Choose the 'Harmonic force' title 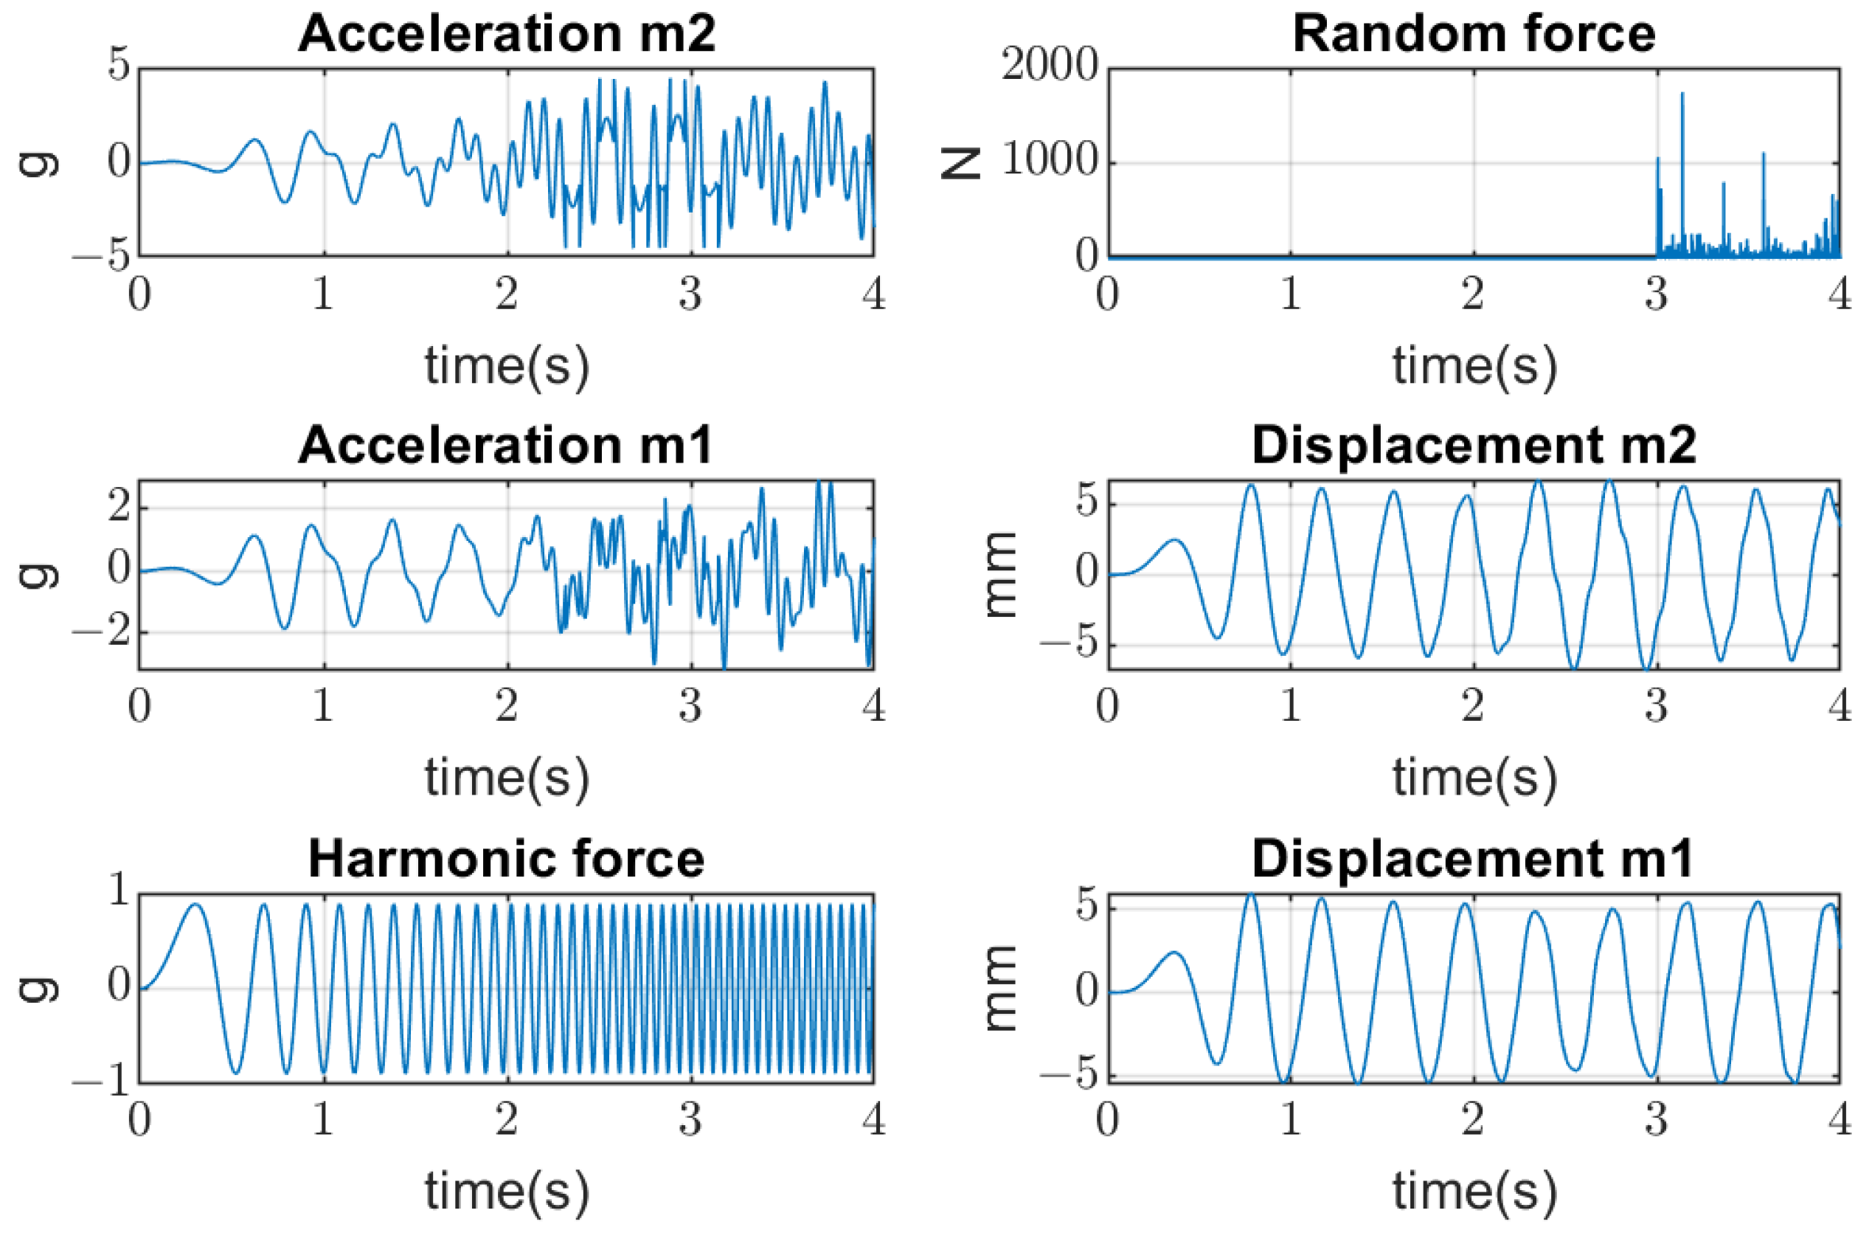pos(506,860)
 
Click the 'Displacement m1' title pos(1474,860)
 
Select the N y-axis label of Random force pos(962,163)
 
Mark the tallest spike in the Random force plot pos(1682,94)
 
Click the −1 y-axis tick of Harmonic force pos(101,1082)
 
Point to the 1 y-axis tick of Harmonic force pos(119,891)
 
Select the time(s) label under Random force pos(1474,366)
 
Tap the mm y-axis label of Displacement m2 pos(1000,575)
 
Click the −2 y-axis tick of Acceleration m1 pos(101,632)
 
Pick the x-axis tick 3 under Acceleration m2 pos(690,294)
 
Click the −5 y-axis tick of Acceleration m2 pos(101,256)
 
